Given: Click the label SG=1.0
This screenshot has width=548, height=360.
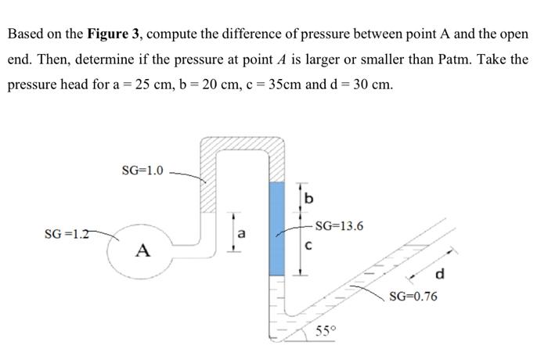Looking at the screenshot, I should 143,171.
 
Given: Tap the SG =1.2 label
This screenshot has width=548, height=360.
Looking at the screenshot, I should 69,232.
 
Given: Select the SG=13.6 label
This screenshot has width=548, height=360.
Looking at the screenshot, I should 338,226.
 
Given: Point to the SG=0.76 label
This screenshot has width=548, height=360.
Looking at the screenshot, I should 413,297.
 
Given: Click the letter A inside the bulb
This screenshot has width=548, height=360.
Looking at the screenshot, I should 142,250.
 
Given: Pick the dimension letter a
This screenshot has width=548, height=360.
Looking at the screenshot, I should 242,232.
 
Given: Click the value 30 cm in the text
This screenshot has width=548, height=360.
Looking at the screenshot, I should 375,84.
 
